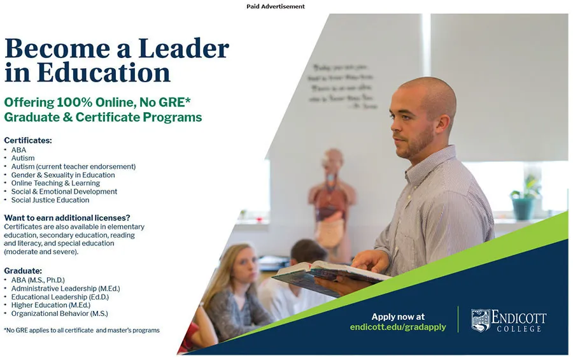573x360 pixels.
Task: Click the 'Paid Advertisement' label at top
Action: click(x=276, y=6)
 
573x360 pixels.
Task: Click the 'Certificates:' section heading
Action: click(x=27, y=140)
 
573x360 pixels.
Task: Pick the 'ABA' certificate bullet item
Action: click(x=18, y=150)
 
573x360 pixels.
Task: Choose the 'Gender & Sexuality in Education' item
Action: click(x=63, y=175)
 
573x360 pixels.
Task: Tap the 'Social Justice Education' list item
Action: click(x=50, y=200)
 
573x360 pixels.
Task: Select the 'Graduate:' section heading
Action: click(x=23, y=270)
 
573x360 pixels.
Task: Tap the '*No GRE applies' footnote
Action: click(x=81, y=330)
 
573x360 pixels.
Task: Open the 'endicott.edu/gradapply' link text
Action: click(x=398, y=327)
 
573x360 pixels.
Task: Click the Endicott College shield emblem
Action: click(x=481, y=320)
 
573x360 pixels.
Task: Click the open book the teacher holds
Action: click(x=331, y=274)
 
